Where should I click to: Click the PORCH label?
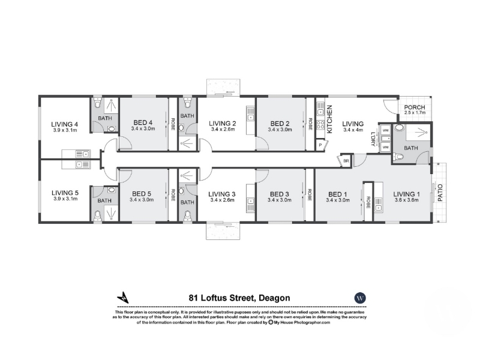click(415, 107)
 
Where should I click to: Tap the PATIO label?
click(440, 193)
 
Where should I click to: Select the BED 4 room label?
click(143, 123)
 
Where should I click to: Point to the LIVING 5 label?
click(65, 193)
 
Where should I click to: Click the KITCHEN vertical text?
click(329, 119)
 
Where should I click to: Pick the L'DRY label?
click(373, 139)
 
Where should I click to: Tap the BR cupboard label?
click(346, 161)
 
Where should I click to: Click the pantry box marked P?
click(321, 145)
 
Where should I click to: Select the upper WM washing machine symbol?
click(385, 131)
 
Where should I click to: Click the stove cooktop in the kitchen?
click(320, 125)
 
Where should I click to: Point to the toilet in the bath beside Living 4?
click(97, 103)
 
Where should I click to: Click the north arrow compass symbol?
click(123, 297)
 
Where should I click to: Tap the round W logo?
click(360, 298)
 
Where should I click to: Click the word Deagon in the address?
click(274, 298)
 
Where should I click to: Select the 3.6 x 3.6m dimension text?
click(407, 200)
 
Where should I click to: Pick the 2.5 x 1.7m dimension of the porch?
click(415, 113)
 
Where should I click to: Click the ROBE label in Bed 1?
click(368, 202)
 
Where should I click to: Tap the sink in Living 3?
click(251, 202)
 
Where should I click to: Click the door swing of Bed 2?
click(262, 143)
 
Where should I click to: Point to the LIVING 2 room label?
click(223, 124)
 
